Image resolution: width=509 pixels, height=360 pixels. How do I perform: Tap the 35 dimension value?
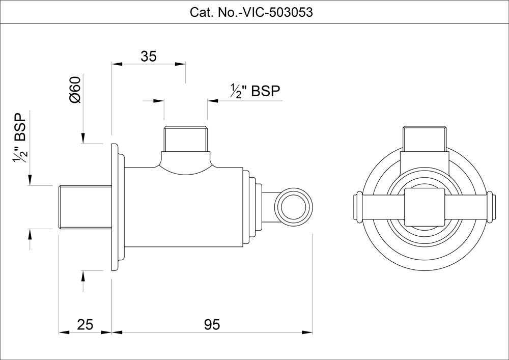pyautogui.click(x=148, y=57)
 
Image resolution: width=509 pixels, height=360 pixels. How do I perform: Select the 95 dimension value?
pyautogui.click(x=211, y=324)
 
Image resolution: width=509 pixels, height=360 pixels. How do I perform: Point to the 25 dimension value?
pyautogui.click(x=86, y=324)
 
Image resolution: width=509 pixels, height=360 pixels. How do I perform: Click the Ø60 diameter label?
pyautogui.click(x=75, y=90)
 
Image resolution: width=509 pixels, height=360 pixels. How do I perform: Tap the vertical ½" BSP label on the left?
pyautogui.click(x=20, y=137)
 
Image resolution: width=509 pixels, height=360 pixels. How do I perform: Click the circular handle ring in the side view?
pyautogui.click(x=293, y=205)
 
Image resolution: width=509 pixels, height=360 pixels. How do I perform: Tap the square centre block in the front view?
pyautogui.click(x=424, y=206)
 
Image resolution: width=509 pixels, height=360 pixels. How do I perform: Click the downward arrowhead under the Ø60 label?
pyautogui.click(x=83, y=139)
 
